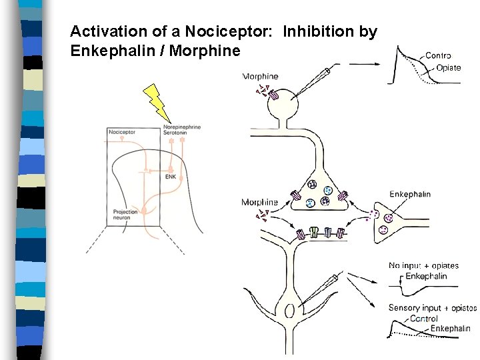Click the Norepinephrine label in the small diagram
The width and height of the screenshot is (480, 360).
[x=182, y=127]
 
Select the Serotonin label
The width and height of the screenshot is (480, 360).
[x=175, y=133]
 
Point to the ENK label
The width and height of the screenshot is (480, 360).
[x=171, y=177]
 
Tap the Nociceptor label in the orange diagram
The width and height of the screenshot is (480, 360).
[x=121, y=132]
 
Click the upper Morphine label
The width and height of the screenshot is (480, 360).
[x=261, y=77]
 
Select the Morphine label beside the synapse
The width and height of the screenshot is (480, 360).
[x=259, y=202]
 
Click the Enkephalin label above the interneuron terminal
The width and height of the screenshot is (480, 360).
[x=410, y=195]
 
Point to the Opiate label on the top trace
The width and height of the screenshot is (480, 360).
[x=449, y=68]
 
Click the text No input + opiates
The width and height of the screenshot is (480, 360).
[x=423, y=266]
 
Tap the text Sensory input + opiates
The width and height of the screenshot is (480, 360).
[x=433, y=308]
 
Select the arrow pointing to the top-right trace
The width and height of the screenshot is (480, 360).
[x=365, y=64]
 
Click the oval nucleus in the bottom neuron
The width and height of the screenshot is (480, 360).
[x=288, y=311]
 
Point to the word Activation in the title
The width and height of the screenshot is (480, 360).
[x=102, y=31]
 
